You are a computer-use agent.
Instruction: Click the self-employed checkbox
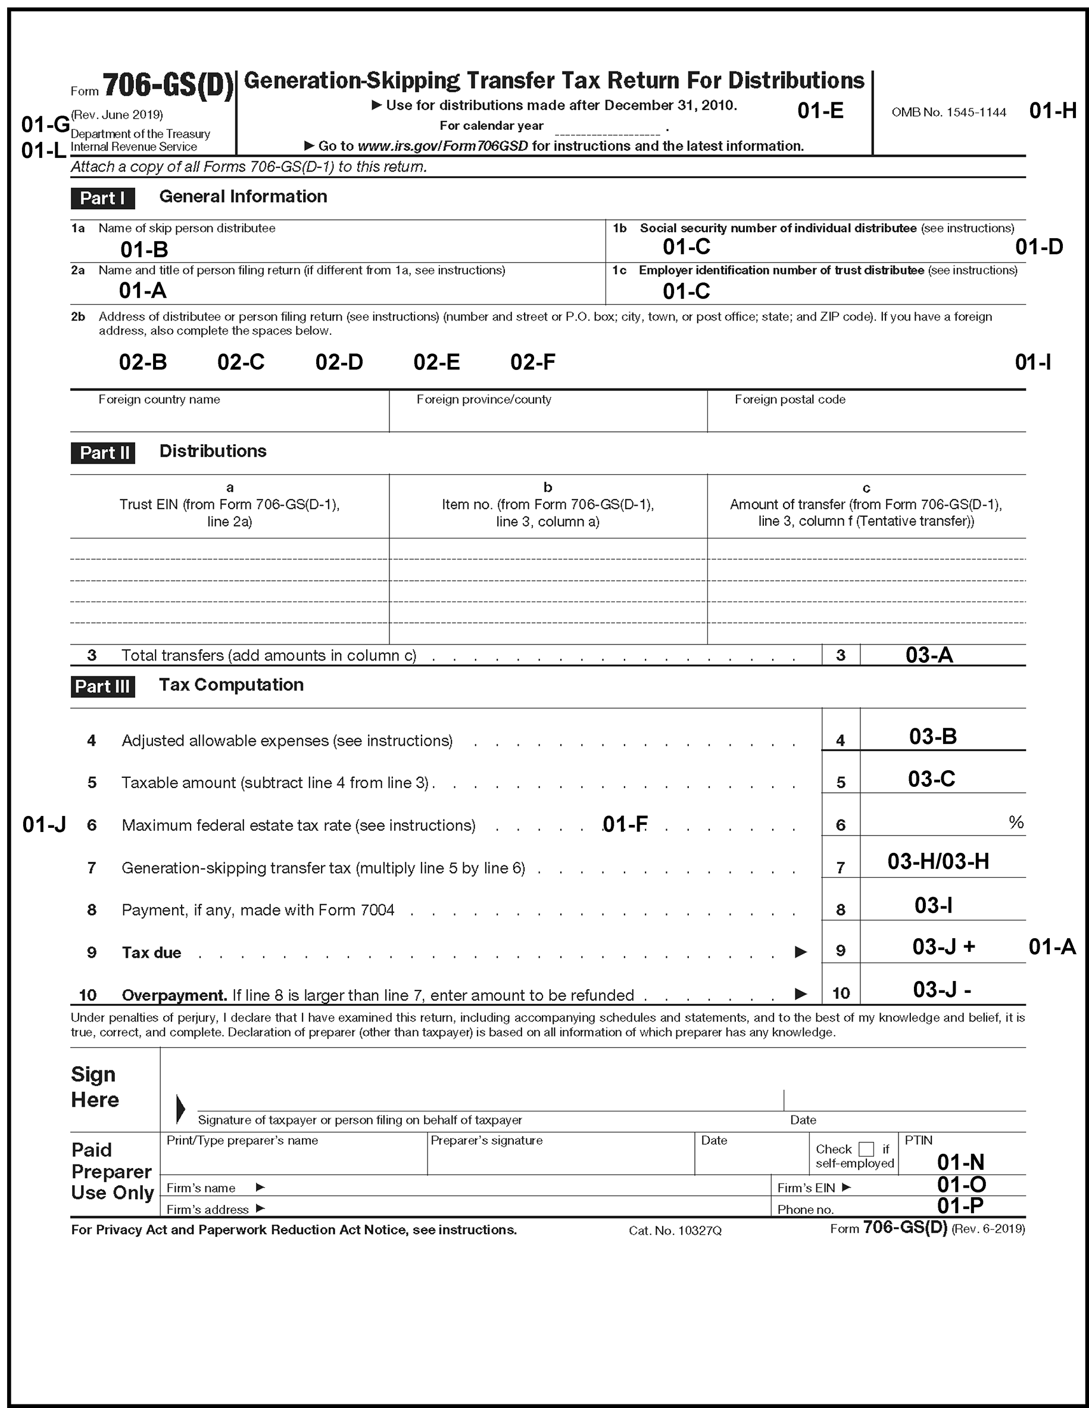(x=866, y=1149)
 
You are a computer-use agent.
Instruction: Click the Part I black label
(x=102, y=198)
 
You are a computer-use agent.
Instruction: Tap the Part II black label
(x=102, y=453)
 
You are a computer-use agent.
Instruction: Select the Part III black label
(x=102, y=686)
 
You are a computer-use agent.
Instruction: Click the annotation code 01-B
(x=143, y=250)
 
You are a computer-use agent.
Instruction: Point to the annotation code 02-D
(x=339, y=362)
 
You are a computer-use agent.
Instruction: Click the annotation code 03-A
(x=929, y=655)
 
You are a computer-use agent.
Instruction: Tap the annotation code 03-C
(x=931, y=779)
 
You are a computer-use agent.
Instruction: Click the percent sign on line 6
(x=1016, y=822)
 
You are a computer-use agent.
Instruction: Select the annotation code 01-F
(x=625, y=824)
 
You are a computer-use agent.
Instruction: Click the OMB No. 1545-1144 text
(x=948, y=112)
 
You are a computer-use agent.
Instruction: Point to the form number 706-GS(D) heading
(x=167, y=85)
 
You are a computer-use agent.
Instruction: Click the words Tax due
(x=151, y=952)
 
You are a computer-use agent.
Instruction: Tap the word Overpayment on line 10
(x=174, y=995)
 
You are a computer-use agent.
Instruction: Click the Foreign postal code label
(x=790, y=400)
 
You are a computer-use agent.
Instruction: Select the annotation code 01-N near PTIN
(x=960, y=1162)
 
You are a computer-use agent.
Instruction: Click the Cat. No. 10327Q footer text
(x=675, y=1230)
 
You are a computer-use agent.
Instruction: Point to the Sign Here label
(x=95, y=1086)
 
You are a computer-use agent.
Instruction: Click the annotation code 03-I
(x=933, y=905)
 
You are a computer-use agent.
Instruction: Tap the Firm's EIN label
(x=806, y=1188)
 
